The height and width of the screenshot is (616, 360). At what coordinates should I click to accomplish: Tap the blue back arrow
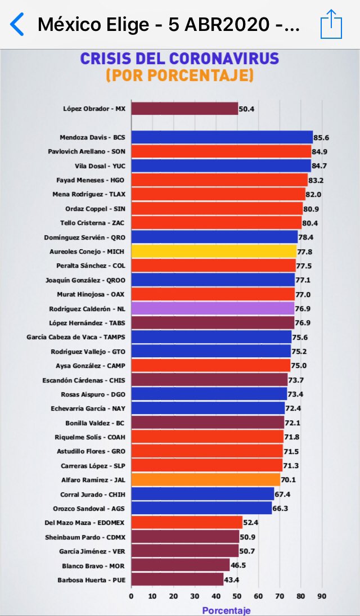point(16,24)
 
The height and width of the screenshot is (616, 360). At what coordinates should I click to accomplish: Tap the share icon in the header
point(331,24)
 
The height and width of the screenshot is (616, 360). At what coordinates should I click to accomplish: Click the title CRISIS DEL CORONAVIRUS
point(179,59)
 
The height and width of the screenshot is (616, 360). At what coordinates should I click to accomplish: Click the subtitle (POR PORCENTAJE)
point(179,75)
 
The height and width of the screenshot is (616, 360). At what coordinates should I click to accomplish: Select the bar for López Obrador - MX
point(184,109)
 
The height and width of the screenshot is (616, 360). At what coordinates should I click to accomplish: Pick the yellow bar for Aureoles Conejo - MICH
point(214,251)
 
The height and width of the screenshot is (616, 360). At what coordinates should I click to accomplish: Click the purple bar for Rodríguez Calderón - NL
point(213,308)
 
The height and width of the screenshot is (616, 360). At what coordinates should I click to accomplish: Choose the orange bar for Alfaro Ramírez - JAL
point(205,480)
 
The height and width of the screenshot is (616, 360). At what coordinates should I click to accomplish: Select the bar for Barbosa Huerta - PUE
point(177,579)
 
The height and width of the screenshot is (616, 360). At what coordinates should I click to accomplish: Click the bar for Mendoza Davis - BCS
point(222,137)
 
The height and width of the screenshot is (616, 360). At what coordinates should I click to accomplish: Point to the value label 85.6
point(322,137)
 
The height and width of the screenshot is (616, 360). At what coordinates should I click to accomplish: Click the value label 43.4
point(232,580)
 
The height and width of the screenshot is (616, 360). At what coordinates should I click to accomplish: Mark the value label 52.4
point(251,523)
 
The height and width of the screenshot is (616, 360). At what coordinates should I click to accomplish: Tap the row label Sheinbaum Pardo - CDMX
point(85,537)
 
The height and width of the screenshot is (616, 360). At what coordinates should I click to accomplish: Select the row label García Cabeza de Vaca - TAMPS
point(76,337)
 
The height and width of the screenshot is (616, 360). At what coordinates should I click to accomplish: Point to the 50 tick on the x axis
point(237,596)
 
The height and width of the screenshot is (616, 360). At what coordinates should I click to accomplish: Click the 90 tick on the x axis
point(322,596)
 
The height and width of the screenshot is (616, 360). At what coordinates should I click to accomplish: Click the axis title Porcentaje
point(226,610)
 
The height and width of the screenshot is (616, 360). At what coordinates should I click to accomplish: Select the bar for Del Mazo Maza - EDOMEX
point(187,523)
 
